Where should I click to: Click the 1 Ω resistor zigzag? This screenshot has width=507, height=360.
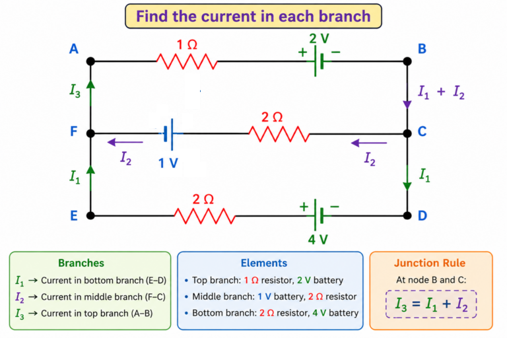pos(187,61)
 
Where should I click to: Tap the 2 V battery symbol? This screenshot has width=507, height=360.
pos(318,61)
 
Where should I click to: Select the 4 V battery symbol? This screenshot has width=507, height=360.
pos(318,215)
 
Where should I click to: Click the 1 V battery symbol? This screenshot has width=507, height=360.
pos(169,133)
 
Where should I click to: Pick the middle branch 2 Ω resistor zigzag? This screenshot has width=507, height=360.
pos(279,133)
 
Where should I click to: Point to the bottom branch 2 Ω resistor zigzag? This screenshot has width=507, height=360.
pos(205,216)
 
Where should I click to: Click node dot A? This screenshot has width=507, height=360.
pos(90,61)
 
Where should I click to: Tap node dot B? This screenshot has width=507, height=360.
pos(407,61)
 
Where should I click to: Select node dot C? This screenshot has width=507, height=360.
pos(407,133)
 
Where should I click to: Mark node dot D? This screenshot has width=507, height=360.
pos(407,215)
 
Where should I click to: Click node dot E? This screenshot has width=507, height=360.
pos(90,215)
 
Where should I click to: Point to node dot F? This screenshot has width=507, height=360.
pos(90,133)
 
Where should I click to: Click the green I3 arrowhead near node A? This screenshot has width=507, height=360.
pos(90,84)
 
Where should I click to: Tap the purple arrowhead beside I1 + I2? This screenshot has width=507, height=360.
pos(407,105)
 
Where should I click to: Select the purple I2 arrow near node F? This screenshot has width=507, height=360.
pos(125,142)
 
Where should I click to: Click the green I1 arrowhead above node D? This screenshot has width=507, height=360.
pos(407,186)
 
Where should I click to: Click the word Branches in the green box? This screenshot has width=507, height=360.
pos(81,263)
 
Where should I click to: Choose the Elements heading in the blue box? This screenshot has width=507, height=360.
pos(264,263)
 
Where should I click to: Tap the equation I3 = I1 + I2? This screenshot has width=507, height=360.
pos(431,304)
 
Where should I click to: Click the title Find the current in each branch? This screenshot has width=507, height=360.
pos(253,16)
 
